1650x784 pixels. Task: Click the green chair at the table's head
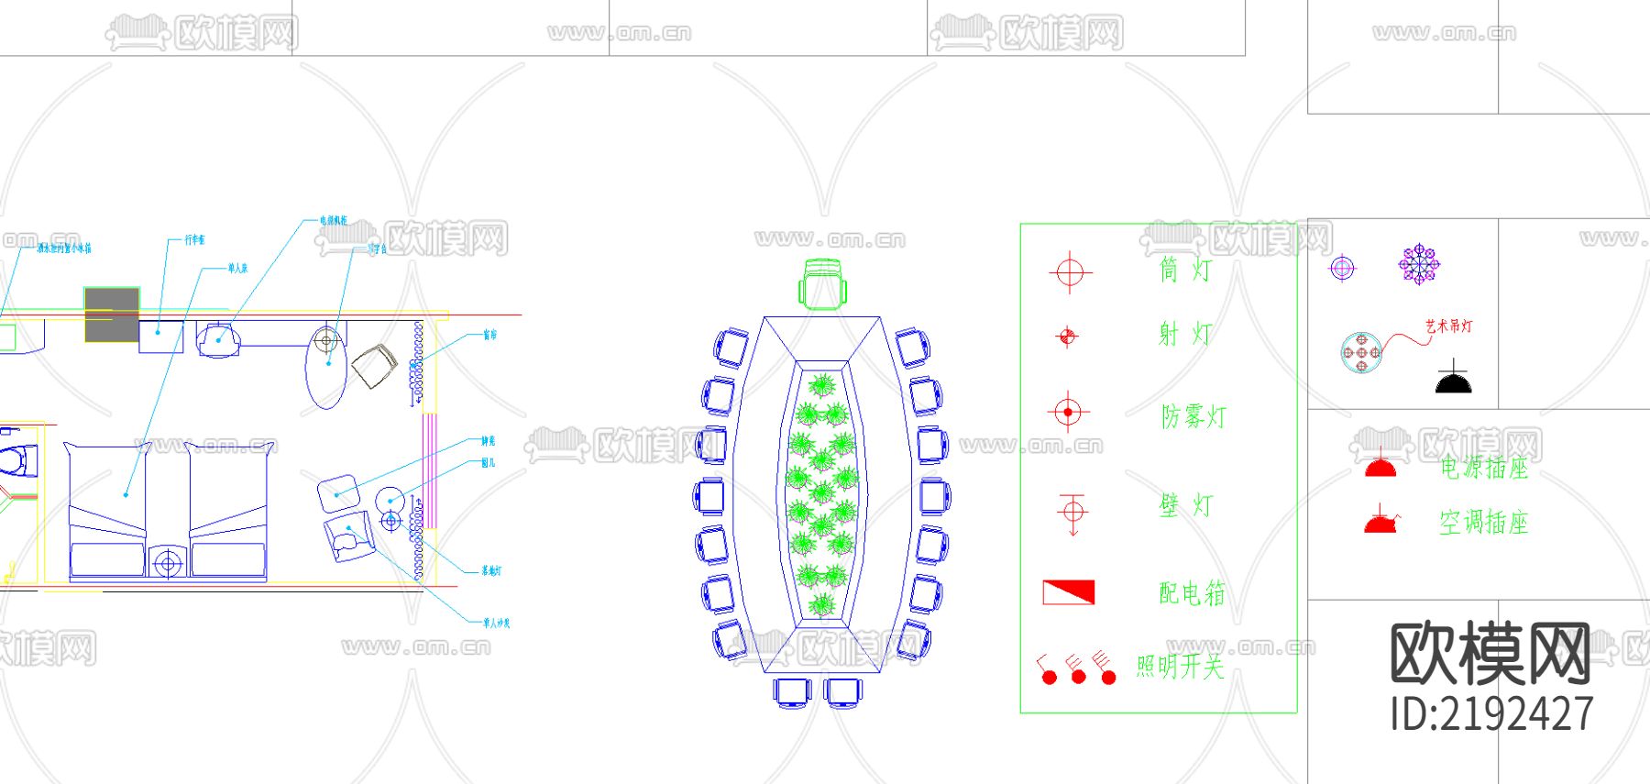pyautogui.click(x=822, y=283)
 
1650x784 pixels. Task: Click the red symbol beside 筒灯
pyautogui.click(x=1069, y=271)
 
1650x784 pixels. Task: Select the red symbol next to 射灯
pyautogui.click(x=1067, y=337)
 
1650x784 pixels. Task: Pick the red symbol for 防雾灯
pyautogui.click(x=1067, y=412)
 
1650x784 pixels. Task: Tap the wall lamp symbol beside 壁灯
pyautogui.click(x=1072, y=512)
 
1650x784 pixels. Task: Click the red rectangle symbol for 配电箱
pyautogui.click(x=1068, y=591)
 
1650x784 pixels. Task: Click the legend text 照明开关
pyautogui.click(x=1180, y=666)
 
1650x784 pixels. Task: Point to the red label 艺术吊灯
pyautogui.click(x=1448, y=326)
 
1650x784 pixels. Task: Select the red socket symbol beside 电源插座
pyautogui.click(x=1380, y=467)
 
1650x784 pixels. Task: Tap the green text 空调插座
pyautogui.click(x=1483, y=523)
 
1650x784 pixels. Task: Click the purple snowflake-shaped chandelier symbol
pyautogui.click(x=1419, y=264)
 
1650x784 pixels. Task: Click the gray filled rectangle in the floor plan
pyautogui.click(x=112, y=314)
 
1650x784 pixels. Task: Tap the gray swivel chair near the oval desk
pyautogui.click(x=374, y=366)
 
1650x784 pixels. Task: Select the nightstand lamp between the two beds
pyautogui.click(x=168, y=561)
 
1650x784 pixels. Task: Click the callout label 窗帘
pyautogui.click(x=490, y=335)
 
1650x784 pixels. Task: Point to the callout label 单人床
pyautogui.click(x=237, y=269)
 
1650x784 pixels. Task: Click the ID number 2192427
pyautogui.click(x=1491, y=713)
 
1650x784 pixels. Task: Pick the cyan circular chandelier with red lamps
pyautogui.click(x=1361, y=353)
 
